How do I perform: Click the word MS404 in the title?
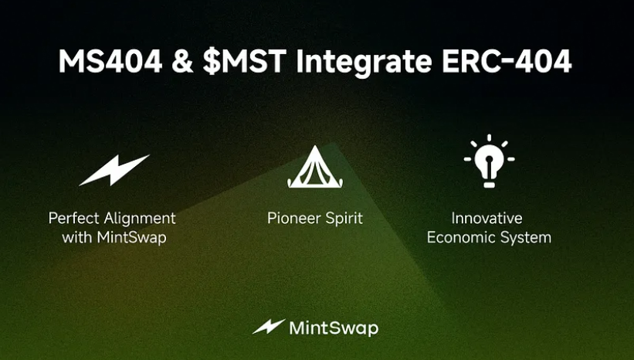110,61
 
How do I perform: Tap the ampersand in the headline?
182,61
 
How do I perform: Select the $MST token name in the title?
244,61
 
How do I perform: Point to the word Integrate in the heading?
364,63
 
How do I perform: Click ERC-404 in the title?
507,61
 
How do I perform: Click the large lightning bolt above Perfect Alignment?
114,170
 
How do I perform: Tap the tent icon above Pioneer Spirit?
315,167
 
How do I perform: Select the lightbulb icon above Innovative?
490,161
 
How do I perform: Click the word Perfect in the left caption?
74,218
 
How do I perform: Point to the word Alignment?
140,219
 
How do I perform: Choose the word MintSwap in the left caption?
131,237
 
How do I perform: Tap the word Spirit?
344,219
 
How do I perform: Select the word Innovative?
487,218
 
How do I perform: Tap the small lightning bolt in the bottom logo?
269,327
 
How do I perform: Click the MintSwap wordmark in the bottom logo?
334,328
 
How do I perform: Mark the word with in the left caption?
76,237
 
